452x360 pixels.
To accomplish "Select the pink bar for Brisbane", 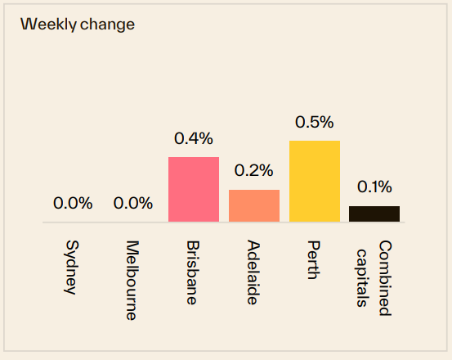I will click(194, 189).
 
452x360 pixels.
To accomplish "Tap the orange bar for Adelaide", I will click(254, 205).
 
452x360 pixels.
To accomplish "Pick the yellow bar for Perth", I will click(315, 181).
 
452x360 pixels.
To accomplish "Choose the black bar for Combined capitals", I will click(374, 214).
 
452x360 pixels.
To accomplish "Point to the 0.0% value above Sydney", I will click(73, 203).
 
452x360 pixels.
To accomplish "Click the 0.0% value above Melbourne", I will click(133, 203).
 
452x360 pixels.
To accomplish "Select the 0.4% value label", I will click(194, 138).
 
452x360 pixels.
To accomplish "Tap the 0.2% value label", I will click(254, 171).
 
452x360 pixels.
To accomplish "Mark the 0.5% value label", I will click(315, 122).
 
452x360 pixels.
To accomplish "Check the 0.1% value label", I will click(374, 187).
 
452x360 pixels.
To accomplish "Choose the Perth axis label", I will click(314, 260).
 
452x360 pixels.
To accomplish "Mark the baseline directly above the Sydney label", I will click(72, 222).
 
